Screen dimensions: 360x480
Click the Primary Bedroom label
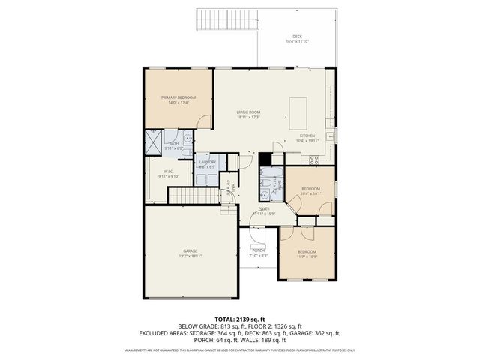(178, 97)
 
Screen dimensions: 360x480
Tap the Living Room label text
(247, 112)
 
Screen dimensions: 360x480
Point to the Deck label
(297, 37)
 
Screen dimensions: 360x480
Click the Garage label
(190, 250)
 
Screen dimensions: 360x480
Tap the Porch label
(258, 250)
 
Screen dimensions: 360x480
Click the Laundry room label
(208, 162)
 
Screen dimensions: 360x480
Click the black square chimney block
(265, 158)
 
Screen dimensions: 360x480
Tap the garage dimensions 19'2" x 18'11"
(190, 257)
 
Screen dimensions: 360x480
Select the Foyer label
(264, 209)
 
